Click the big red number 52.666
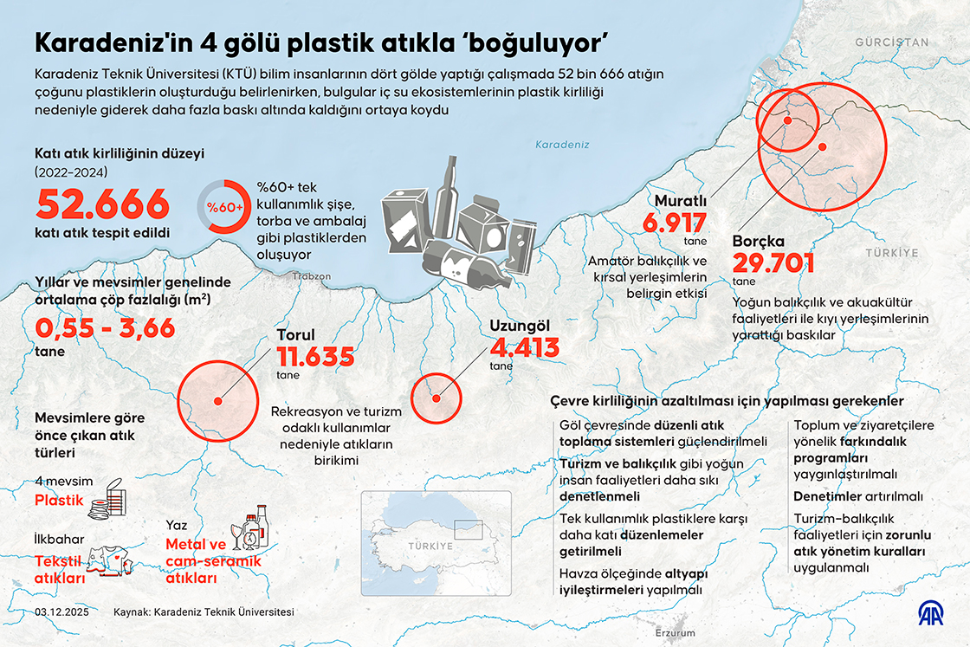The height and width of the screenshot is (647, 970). click(x=102, y=205)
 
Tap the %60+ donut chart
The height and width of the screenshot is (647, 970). click(x=224, y=207)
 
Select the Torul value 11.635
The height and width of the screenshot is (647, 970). click(x=315, y=356)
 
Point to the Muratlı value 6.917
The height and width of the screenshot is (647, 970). click(x=675, y=223)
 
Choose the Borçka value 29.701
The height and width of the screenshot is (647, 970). click(x=773, y=263)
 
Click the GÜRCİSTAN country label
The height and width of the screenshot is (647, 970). click(x=891, y=42)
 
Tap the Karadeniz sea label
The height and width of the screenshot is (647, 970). click(x=562, y=145)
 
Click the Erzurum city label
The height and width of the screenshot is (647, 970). click(x=676, y=633)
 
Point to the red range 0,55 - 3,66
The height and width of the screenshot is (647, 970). click(x=105, y=328)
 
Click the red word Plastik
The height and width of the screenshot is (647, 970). click(x=58, y=501)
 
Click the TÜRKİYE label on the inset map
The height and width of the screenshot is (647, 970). click(x=431, y=547)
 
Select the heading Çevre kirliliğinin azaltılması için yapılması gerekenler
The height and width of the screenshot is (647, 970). click(x=727, y=402)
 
